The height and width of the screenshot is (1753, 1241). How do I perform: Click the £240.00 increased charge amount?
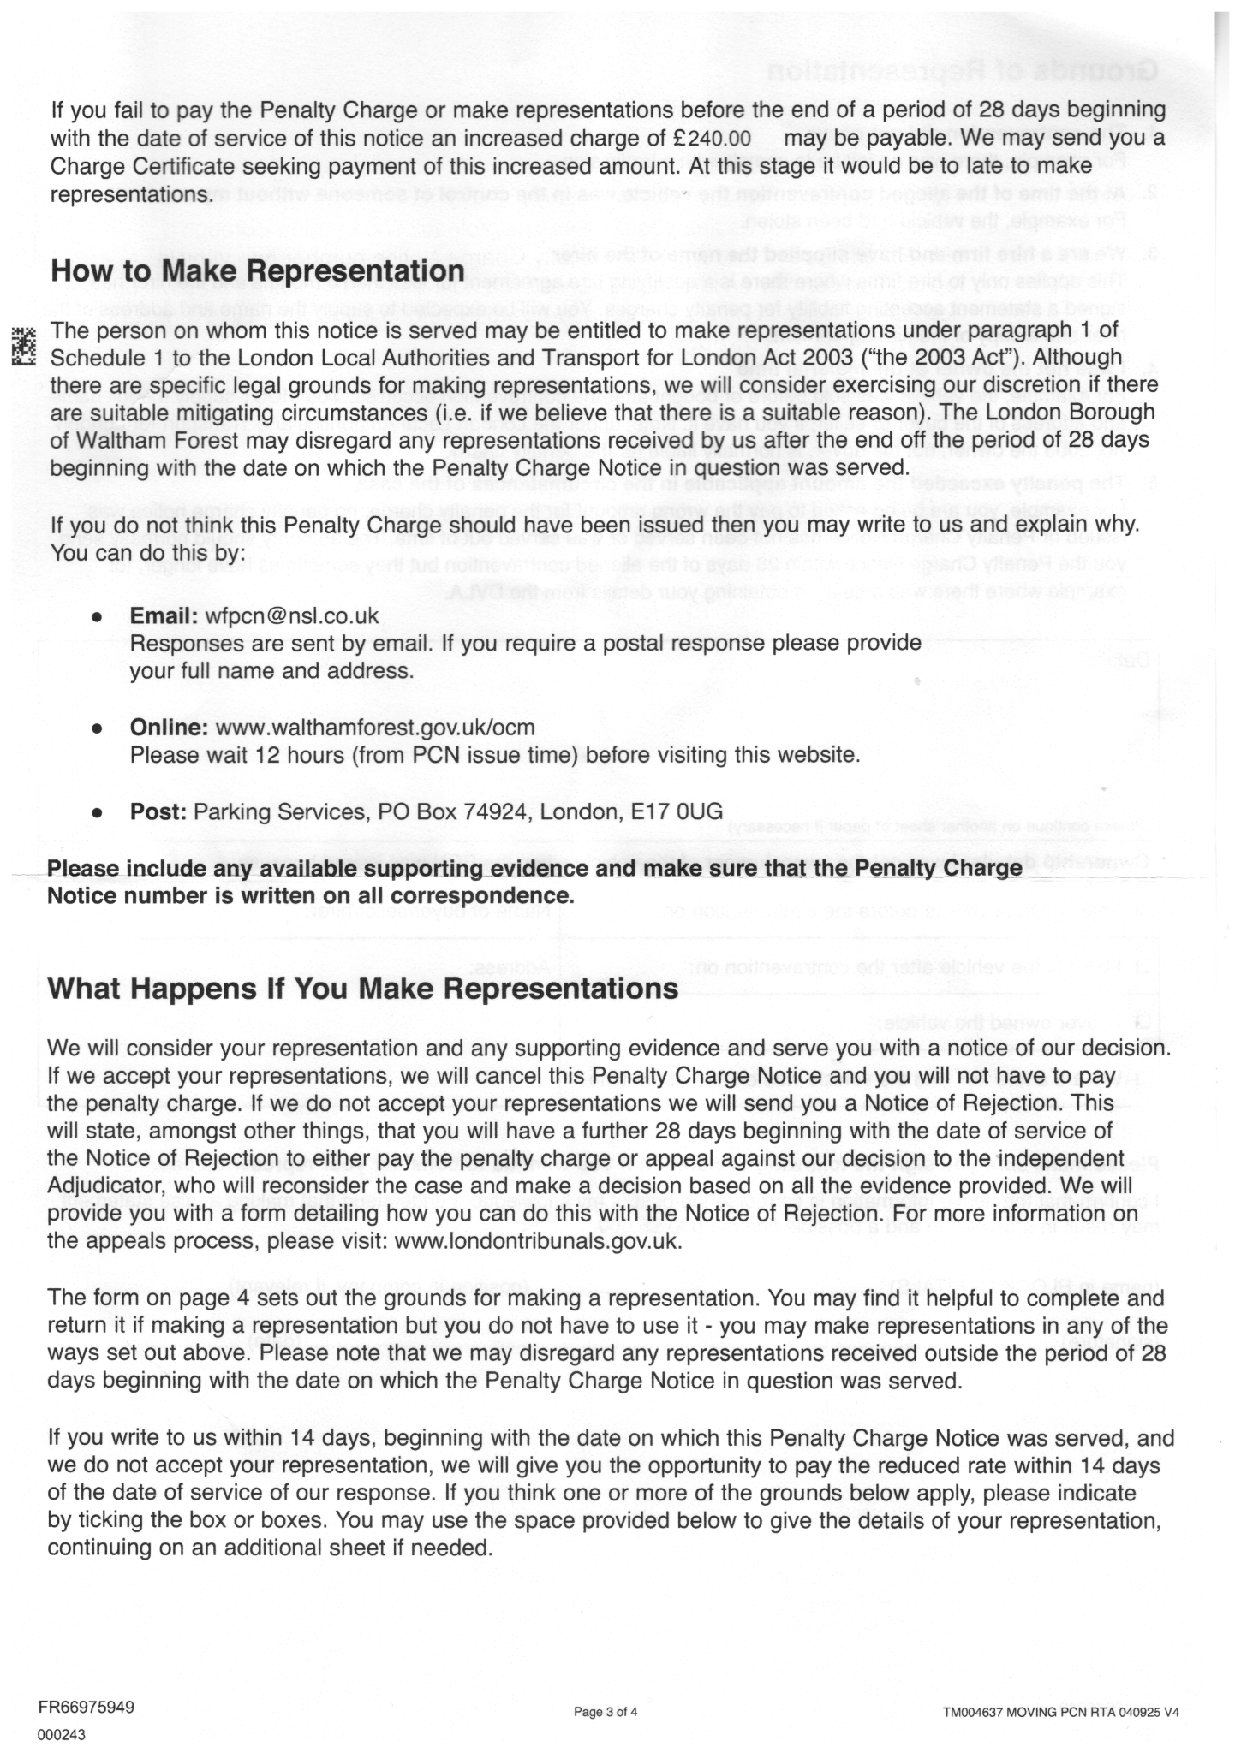(x=707, y=139)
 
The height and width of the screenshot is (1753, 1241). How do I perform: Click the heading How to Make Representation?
(x=257, y=271)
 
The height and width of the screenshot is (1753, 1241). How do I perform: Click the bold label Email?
(x=164, y=616)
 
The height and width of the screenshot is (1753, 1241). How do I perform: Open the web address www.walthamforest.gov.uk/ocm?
(x=375, y=728)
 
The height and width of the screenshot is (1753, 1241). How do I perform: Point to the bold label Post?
(x=158, y=811)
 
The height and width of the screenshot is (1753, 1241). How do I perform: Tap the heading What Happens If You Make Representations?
(x=362, y=989)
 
